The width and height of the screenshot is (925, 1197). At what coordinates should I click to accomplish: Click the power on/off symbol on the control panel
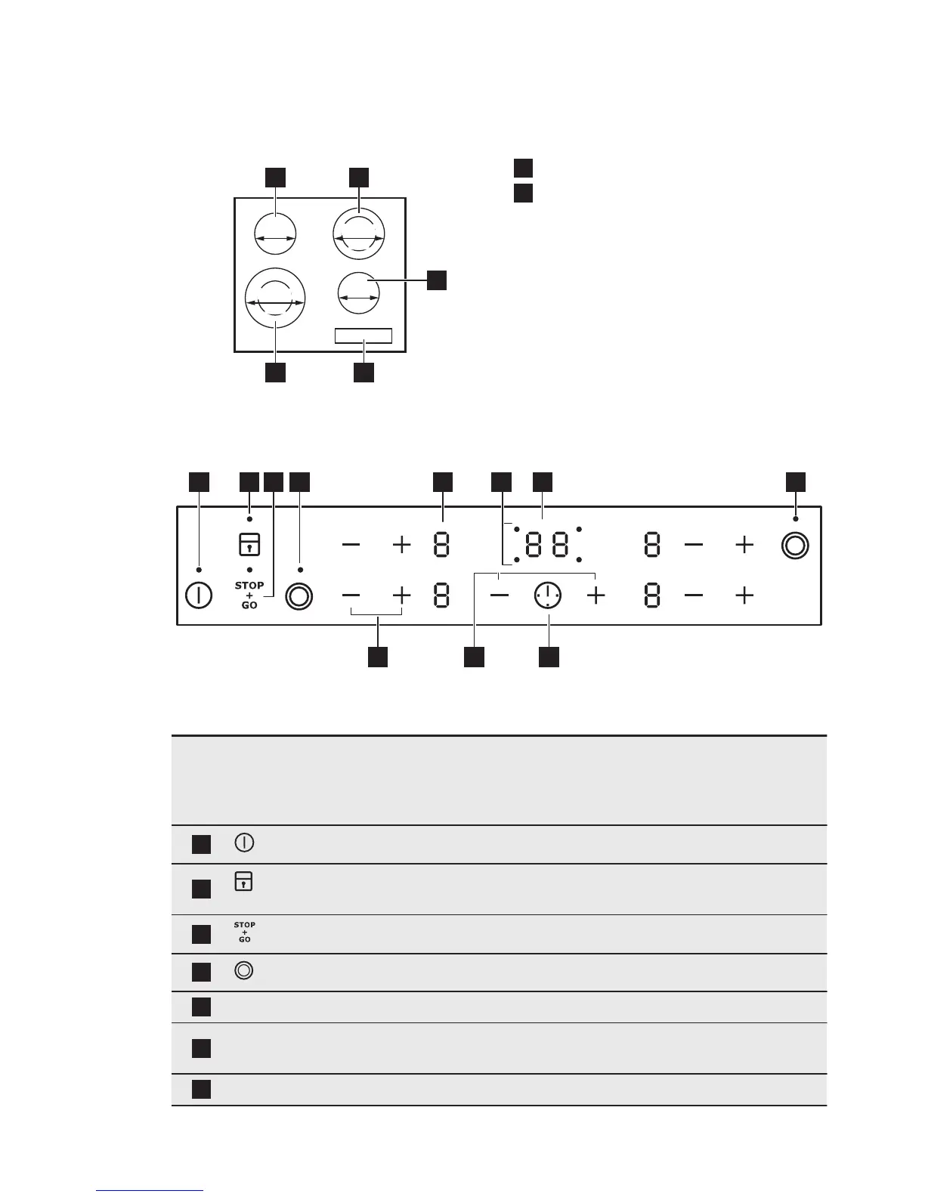(x=198, y=595)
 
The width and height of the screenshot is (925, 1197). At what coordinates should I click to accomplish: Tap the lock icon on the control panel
(x=249, y=544)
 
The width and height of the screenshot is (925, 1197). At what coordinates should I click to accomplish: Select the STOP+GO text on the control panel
(x=249, y=595)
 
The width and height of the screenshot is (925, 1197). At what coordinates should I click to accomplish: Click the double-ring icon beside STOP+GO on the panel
(x=299, y=596)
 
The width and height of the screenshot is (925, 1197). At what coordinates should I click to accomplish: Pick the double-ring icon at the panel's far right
(x=794, y=545)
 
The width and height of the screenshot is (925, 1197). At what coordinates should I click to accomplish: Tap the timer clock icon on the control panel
(x=546, y=596)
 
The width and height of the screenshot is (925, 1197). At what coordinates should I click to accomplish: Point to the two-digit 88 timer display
(x=546, y=545)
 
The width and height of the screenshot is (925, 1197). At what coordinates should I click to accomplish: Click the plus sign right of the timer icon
(x=596, y=596)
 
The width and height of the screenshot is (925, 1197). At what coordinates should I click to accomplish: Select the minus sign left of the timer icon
(x=500, y=596)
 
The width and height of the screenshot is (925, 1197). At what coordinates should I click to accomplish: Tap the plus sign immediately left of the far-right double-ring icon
(x=744, y=545)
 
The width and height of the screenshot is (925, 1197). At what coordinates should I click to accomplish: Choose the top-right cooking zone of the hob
(x=358, y=234)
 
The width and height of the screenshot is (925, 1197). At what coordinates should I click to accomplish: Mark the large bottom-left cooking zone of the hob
(x=275, y=300)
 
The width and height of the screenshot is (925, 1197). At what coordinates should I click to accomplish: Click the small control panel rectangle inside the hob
(x=364, y=336)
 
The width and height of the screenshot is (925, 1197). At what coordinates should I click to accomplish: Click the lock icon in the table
(x=243, y=882)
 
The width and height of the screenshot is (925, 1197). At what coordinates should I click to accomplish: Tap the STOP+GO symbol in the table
(x=245, y=933)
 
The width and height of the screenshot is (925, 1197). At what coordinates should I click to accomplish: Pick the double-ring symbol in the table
(x=244, y=971)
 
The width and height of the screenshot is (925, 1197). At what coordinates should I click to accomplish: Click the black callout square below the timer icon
(x=549, y=657)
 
